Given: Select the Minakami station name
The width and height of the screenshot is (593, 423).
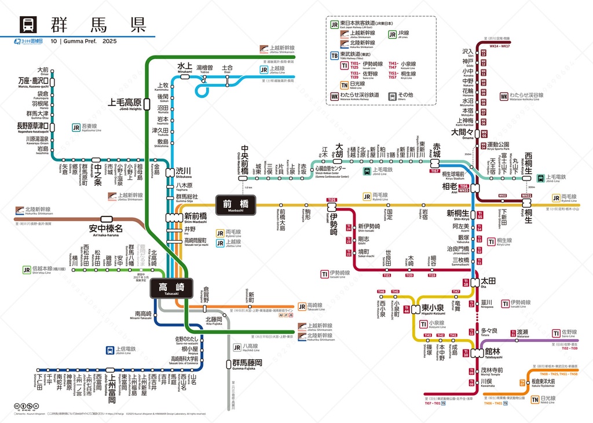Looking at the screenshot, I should pyautogui.click(x=185, y=66).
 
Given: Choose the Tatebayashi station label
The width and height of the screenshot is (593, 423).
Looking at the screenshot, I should pyautogui.click(x=496, y=351).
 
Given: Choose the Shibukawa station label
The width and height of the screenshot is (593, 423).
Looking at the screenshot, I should pyautogui.click(x=184, y=171).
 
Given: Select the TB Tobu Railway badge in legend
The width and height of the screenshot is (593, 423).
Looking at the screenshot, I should pyautogui.click(x=335, y=56).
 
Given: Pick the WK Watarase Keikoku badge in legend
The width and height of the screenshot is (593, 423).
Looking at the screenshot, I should pyautogui.click(x=335, y=96).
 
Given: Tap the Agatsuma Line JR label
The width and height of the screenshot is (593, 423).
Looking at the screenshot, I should pyautogui.click(x=76, y=128).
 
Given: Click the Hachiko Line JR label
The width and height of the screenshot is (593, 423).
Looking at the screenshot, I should pyautogui.click(x=237, y=347).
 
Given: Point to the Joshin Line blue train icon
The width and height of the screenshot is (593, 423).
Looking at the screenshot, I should pyautogui.click(x=110, y=350).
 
